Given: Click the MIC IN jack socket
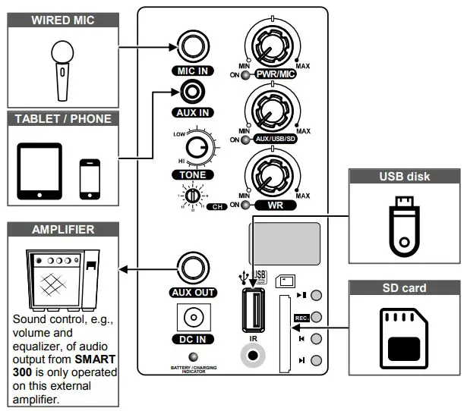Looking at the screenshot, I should (x=188, y=47).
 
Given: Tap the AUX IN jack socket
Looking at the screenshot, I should (x=197, y=93).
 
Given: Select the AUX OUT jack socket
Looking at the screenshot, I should (x=188, y=268).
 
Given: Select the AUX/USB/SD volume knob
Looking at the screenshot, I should (x=268, y=111).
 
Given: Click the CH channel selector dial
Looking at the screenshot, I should (x=193, y=196).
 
